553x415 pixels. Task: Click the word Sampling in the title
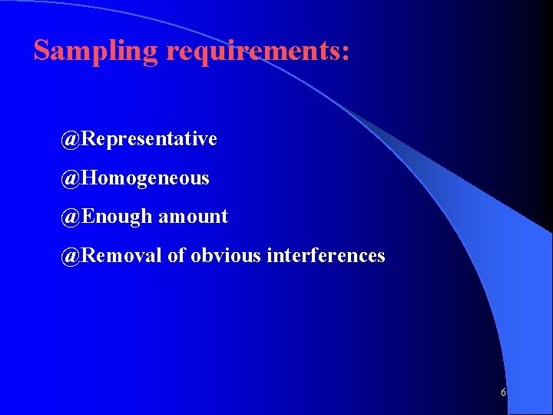96,51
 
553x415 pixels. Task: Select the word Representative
149,139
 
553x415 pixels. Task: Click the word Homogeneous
145,178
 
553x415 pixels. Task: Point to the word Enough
117,217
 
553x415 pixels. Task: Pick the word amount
193,217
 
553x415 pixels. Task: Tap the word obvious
226,255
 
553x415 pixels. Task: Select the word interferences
326,255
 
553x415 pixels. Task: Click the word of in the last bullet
176,255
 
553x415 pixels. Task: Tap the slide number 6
503,393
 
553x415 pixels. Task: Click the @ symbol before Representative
71,139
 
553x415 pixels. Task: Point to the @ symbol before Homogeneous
71,178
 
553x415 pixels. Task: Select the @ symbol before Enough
71,217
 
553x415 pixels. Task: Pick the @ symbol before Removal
71,255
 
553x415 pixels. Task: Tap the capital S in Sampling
42,50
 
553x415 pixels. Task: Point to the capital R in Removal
88,255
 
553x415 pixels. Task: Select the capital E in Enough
87,217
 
